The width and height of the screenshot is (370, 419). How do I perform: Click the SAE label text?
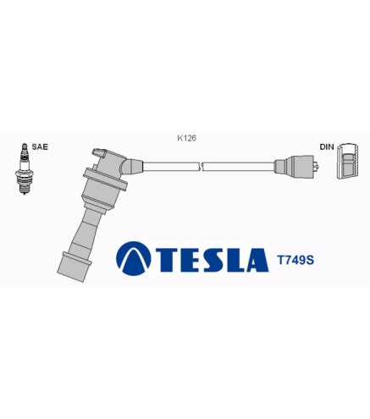tap(40, 146)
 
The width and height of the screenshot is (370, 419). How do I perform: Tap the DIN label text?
tap(327, 146)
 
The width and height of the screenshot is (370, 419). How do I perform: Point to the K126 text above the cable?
tap(186, 138)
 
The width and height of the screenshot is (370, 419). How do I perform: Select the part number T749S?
tap(295, 260)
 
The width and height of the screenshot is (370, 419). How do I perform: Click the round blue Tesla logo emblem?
tap(134, 258)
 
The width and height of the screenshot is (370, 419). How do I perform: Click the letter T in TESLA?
tap(167, 260)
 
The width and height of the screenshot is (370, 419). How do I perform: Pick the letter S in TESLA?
tap(213, 260)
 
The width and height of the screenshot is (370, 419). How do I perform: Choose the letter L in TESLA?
tap(235, 260)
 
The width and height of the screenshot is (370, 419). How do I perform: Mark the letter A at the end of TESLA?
tap(257, 260)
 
